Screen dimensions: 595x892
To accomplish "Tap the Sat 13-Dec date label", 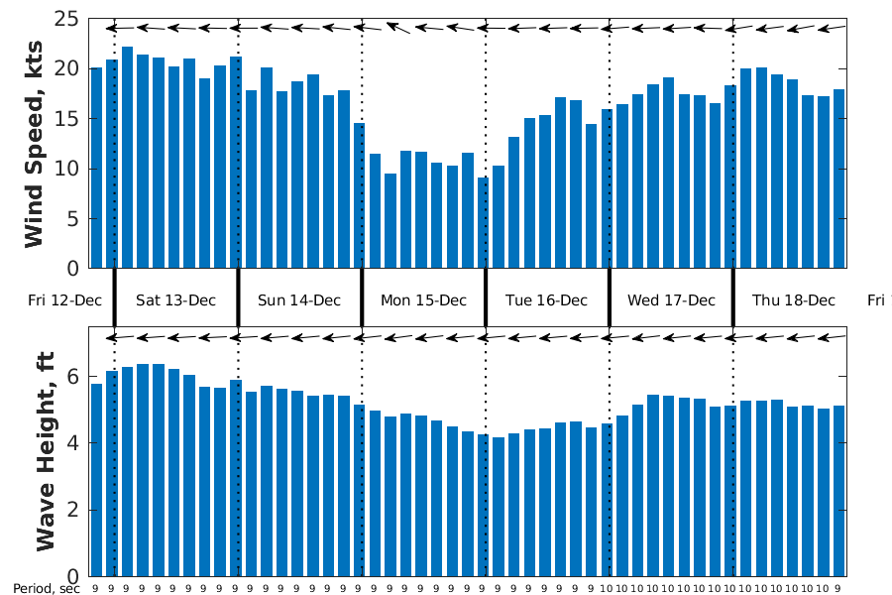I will [175, 300].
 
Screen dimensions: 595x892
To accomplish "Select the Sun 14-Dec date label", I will [298, 300].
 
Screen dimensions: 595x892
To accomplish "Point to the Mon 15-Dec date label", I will [423, 300].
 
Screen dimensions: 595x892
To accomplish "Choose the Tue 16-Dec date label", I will [546, 300].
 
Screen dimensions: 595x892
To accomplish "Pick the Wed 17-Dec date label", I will [671, 300].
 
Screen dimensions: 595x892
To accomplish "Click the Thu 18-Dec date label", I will [794, 300].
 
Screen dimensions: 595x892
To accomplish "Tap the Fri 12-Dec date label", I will [64, 300].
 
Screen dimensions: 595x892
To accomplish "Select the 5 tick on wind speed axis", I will [73, 219].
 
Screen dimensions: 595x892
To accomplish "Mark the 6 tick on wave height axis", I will [73, 377].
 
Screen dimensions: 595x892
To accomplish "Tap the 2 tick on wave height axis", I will [73, 511].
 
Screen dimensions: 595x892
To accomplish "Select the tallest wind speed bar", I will [127, 157].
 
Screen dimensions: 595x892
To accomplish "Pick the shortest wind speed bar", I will [483, 222].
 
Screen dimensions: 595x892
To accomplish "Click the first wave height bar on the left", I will [96, 479].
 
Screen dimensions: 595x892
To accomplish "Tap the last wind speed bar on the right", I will [838, 178].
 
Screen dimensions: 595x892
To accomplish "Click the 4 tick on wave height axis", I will [73, 443].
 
